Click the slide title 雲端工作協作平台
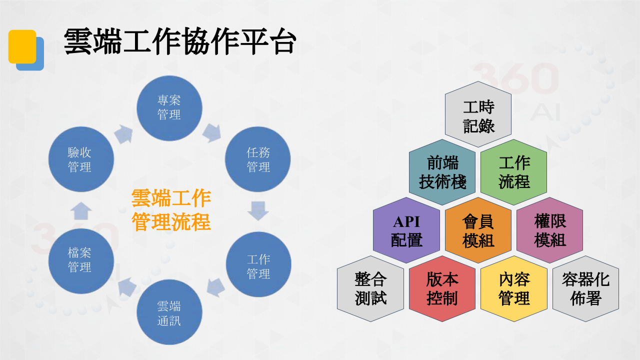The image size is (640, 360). [x=180, y=41]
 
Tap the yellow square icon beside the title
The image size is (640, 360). [x=22, y=46]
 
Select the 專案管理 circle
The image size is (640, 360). [x=169, y=108]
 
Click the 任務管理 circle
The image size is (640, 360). [x=257, y=159]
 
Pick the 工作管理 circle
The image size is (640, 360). [x=258, y=264]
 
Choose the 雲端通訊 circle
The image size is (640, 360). [x=169, y=312]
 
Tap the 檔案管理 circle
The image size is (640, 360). [x=81, y=261]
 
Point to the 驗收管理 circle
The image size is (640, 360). [x=81, y=159]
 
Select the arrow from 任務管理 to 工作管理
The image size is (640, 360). [x=258, y=211]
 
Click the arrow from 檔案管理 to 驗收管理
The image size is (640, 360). [x=81, y=211]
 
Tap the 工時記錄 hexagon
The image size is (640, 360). [x=478, y=114]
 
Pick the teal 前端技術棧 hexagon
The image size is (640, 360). [x=442, y=172]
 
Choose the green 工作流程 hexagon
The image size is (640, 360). [x=513, y=172]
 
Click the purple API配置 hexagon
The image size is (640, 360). [x=406, y=230]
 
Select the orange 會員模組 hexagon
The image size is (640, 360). [x=478, y=230]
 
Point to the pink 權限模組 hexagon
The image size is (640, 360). [x=549, y=230]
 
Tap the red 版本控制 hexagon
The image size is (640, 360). [x=442, y=288]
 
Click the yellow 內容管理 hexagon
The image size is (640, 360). [x=513, y=288]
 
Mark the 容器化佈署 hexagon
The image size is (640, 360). [x=585, y=288]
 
